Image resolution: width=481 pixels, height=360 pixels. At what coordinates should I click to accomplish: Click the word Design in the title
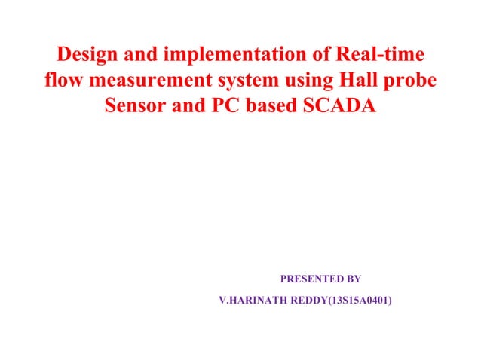point(89,56)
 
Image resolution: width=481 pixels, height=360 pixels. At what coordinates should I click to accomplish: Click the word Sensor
point(133,106)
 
